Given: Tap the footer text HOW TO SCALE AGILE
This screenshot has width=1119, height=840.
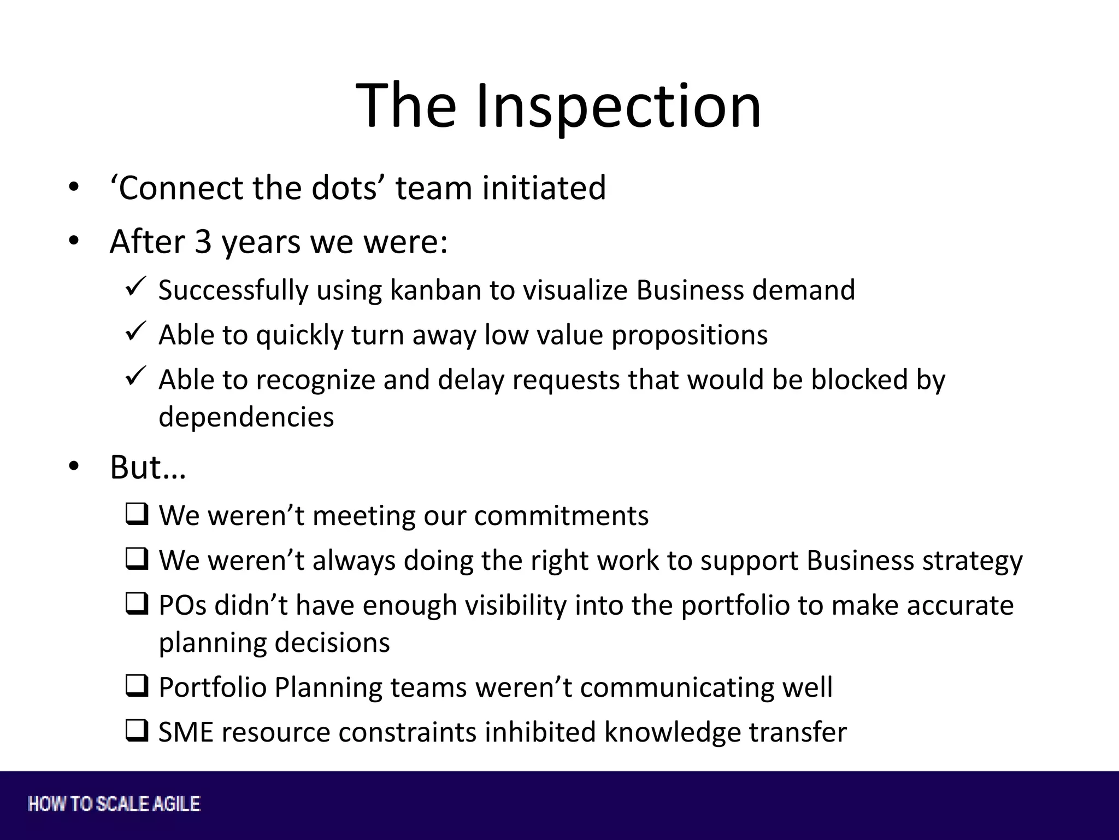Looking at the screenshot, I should [114, 804].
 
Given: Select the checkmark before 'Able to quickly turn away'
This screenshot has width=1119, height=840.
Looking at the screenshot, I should [135, 331].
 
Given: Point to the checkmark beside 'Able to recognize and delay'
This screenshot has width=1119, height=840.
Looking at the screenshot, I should [135, 376].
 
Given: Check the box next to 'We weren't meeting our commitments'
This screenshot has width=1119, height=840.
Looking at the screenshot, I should [137, 515].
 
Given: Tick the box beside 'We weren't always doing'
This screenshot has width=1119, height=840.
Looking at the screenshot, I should [137, 559].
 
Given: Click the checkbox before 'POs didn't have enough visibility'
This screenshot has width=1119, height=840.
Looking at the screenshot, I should [137, 604].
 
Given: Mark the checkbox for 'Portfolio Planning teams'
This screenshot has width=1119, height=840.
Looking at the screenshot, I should [137, 686].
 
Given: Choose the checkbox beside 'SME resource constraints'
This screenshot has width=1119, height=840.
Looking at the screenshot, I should [137, 731].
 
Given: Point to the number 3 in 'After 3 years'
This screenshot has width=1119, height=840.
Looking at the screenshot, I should [203, 242].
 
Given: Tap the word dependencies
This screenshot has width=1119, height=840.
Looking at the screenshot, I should [246, 417].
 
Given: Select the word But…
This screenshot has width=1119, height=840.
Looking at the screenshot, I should [148, 468].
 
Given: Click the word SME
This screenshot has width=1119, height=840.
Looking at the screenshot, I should [185, 732].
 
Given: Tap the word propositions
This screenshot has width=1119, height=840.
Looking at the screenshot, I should [690, 335].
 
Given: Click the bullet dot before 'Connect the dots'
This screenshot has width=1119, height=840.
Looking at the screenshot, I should [74, 188].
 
